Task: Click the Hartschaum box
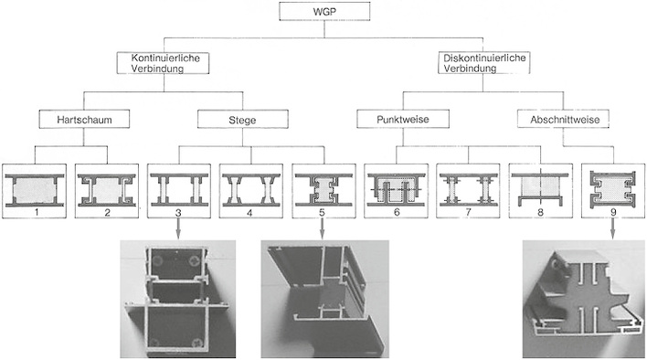tap(80, 119)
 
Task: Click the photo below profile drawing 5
tap(325, 299)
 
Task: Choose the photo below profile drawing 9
tap(579, 299)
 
